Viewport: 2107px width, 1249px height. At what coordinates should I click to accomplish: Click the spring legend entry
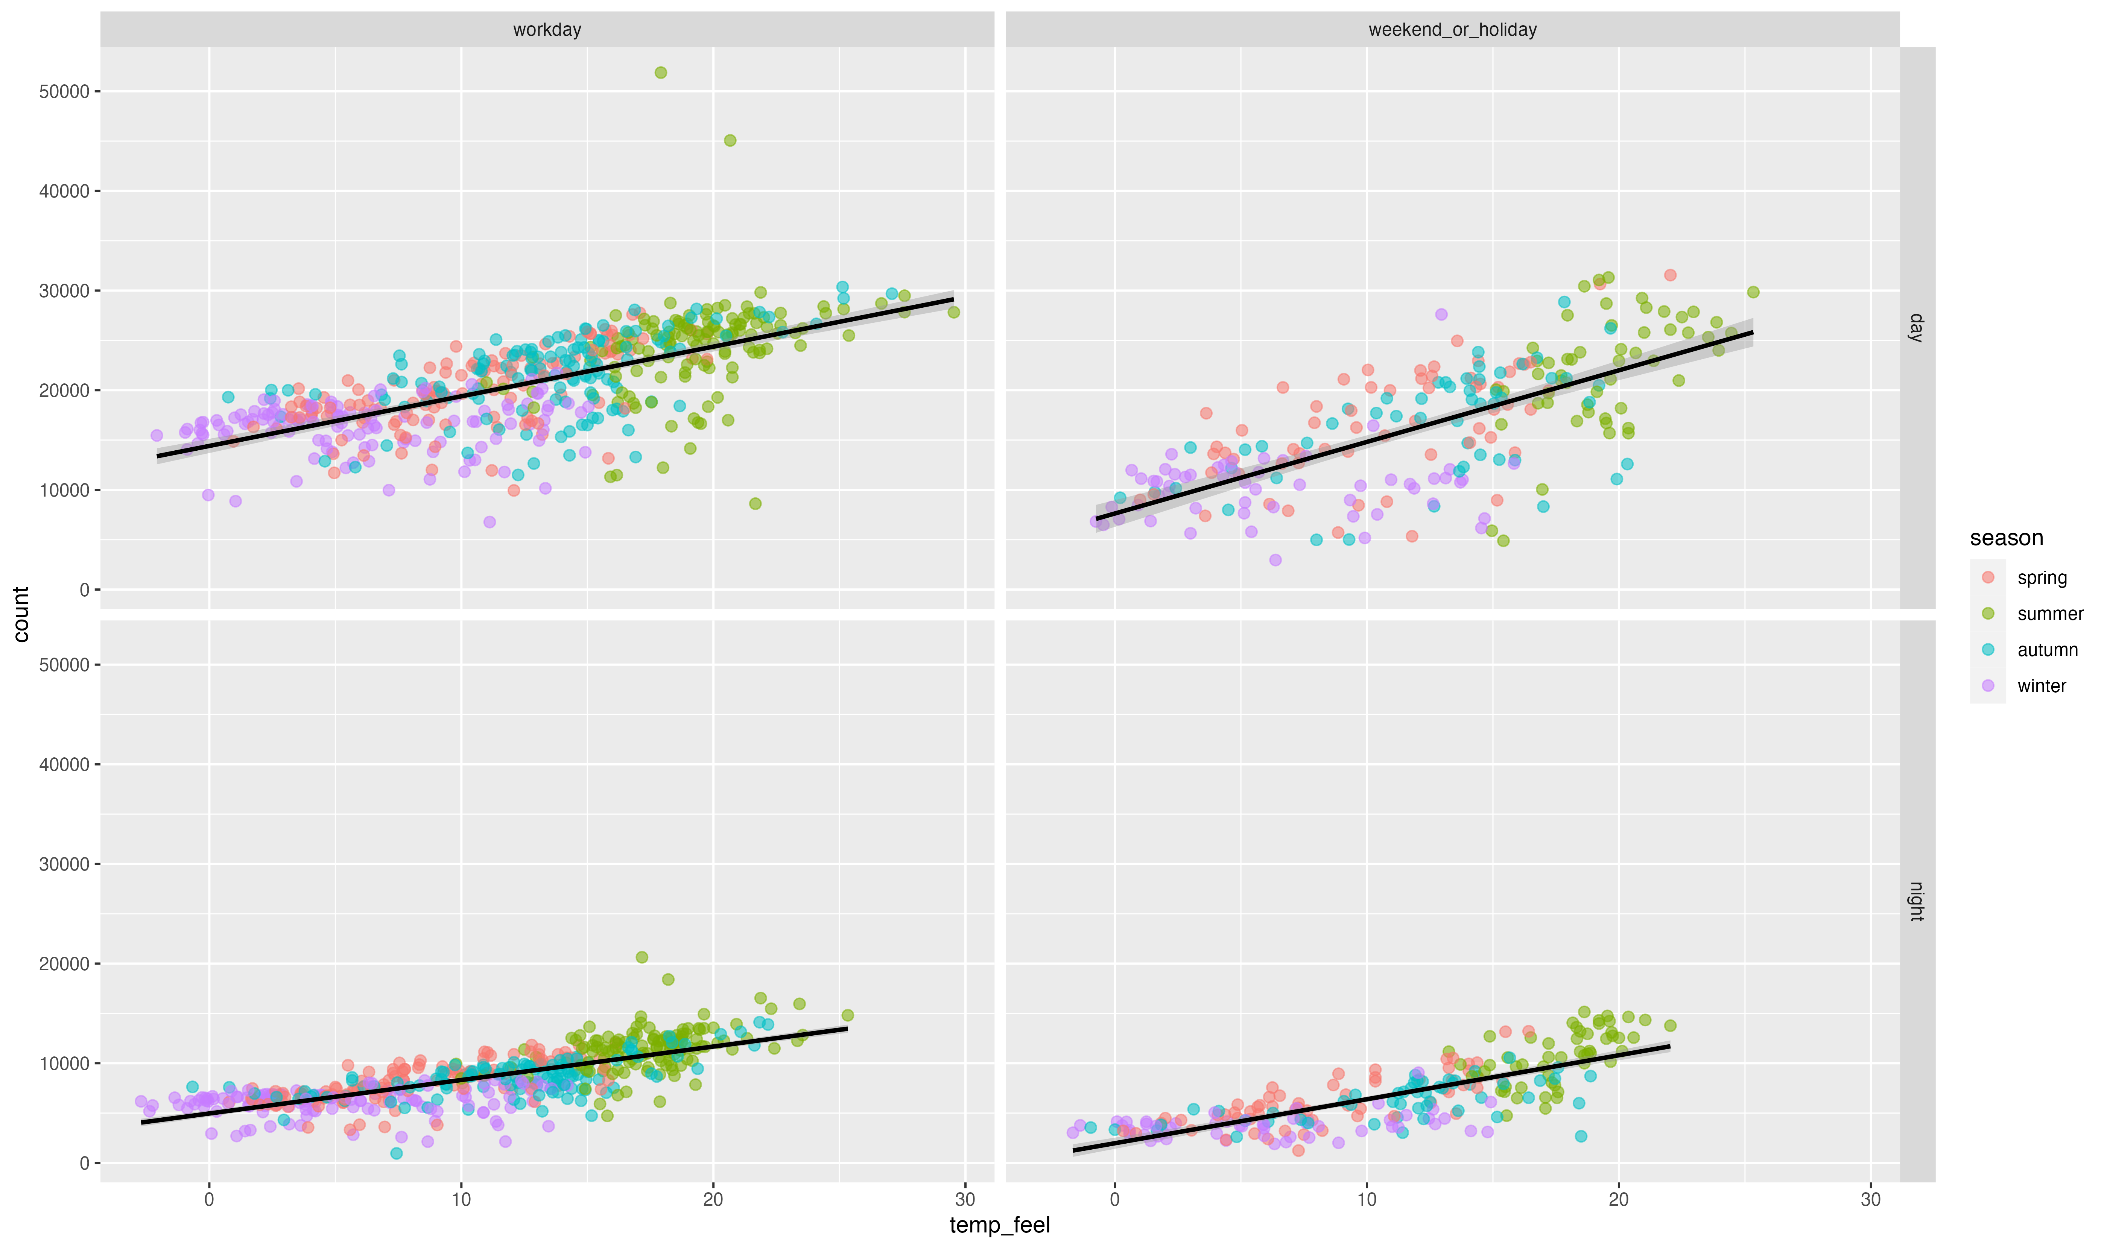pyautogui.click(x=2041, y=577)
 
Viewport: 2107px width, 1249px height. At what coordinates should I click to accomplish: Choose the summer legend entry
pyautogui.click(x=2050, y=614)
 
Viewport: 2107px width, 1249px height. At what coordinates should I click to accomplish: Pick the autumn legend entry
pyautogui.click(x=2047, y=650)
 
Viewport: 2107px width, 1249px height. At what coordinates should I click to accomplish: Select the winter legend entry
pyautogui.click(x=2041, y=686)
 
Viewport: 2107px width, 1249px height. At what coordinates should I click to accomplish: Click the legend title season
pyautogui.click(x=2006, y=538)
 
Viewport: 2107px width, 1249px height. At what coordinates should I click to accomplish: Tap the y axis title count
pyautogui.click(x=21, y=614)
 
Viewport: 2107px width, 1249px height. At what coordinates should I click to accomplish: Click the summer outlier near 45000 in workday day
pyautogui.click(x=730, y=141)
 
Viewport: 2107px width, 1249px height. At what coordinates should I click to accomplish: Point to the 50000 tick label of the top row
pyautogui.click(x=64, y=92)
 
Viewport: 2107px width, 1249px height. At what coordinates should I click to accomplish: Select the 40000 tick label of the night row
pyautogui.click(x=64, y=764)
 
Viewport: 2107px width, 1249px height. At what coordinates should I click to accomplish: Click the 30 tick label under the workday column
pyautogui.click(x=965, y=1199)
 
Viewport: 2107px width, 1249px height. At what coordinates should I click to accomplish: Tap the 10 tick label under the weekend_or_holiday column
pyautogui.click(x=1366, y=1199)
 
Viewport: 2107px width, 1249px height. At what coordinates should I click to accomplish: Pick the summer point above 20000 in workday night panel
pyautogui.click(x=642, y=957)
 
